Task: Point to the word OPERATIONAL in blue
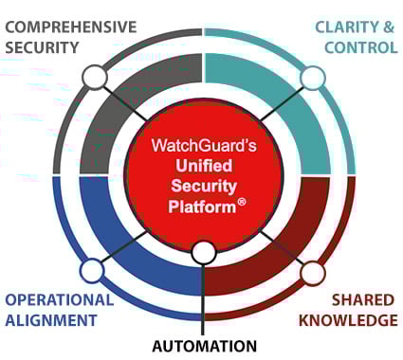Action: pos(59,299)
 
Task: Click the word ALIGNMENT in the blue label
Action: pos(50,320)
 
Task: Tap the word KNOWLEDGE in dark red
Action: pos(348,320)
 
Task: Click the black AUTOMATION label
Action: pos(204,346)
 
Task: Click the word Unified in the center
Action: pos(202,168)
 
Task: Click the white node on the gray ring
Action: pos(94,77)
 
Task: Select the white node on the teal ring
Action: pos(313,77)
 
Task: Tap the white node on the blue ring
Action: pos(91,272)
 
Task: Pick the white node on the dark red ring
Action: pos(313,273)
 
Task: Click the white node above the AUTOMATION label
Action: pos(203,253)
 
